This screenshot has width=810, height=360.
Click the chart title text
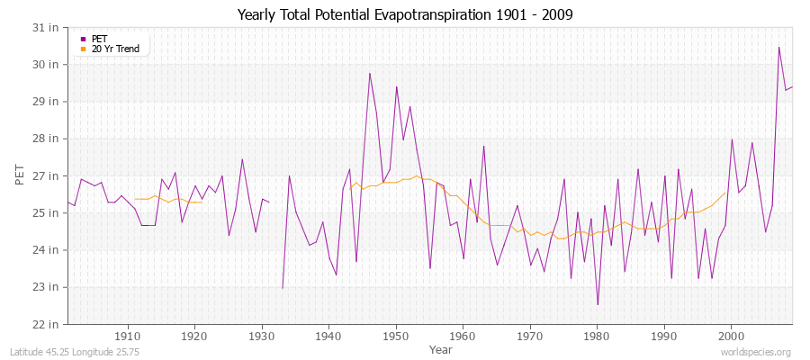pyautogui.click(x=405, y=14)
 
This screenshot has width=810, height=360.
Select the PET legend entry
pyautogui.click(x=98, y=39)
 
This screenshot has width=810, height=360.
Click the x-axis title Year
pyautogui.click(x=429, y=348)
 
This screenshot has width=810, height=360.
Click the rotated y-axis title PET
pyautogui.click(x=21, y=175)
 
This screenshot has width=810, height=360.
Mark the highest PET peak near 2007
pyautogui.click(x=778, y=47)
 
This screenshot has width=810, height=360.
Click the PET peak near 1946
pyautogui.click(x=369, y=73)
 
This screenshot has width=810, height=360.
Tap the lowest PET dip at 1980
pyautogui.click(x=598, y=304)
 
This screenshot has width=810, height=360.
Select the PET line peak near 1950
pyautogui.click(x=396, y=86)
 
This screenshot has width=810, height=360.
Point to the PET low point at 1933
pyautogui.click(x=283, y=288)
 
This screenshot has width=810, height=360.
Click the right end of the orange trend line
pyautogui.click(x=725, y=192)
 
